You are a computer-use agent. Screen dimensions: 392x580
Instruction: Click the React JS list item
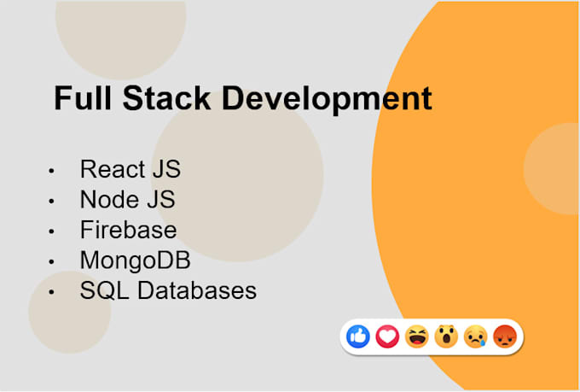130,169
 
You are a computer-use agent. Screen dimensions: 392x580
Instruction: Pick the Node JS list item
127,199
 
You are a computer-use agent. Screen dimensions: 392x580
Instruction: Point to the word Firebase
128,230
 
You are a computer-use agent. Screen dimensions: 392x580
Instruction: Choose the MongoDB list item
135,260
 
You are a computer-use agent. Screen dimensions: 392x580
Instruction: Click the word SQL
101,290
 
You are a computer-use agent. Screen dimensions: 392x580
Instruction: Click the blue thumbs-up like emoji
359,337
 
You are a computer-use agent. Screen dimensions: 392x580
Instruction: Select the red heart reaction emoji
388,337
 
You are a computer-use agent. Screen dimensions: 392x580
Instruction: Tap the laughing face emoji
417,337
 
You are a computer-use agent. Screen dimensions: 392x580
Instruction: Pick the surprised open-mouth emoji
446,337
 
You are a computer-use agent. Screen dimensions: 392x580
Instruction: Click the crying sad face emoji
475,337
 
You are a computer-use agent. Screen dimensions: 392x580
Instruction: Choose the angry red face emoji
505,337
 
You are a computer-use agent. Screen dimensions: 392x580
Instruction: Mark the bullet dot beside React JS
53,171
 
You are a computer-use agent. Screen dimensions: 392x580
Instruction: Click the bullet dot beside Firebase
53,231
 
